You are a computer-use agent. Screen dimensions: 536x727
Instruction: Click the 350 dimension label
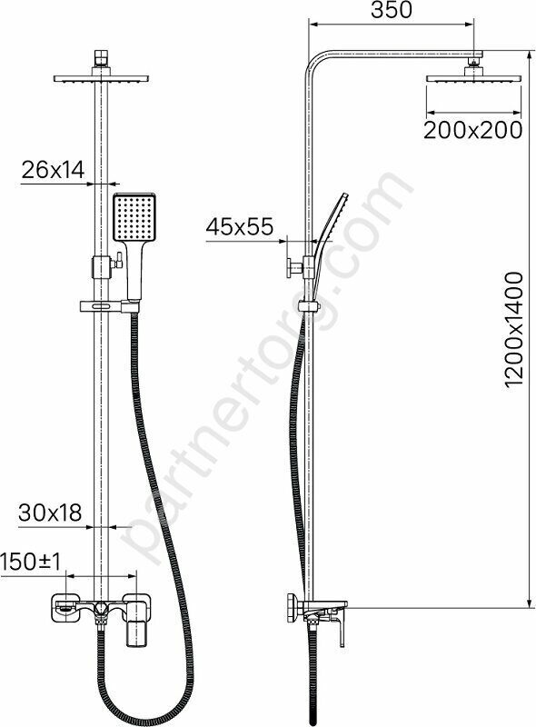click(x=392, y=10)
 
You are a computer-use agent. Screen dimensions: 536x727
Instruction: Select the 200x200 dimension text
click(x=473, y=130)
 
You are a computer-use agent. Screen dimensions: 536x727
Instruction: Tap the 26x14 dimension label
click(x=54, y=170)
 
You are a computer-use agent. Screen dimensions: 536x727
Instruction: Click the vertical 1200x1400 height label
click(x=514, y=329)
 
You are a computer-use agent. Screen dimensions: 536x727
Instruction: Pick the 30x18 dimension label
click(x=50, y=513)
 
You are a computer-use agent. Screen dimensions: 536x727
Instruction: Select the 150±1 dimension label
click(x=31, y=562)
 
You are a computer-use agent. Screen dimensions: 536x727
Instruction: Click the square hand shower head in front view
click(x=134, y=217)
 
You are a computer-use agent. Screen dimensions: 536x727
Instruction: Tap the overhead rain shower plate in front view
click(x=102, y=78)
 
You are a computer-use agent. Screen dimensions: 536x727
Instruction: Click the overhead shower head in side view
click(x=473, y=78)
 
